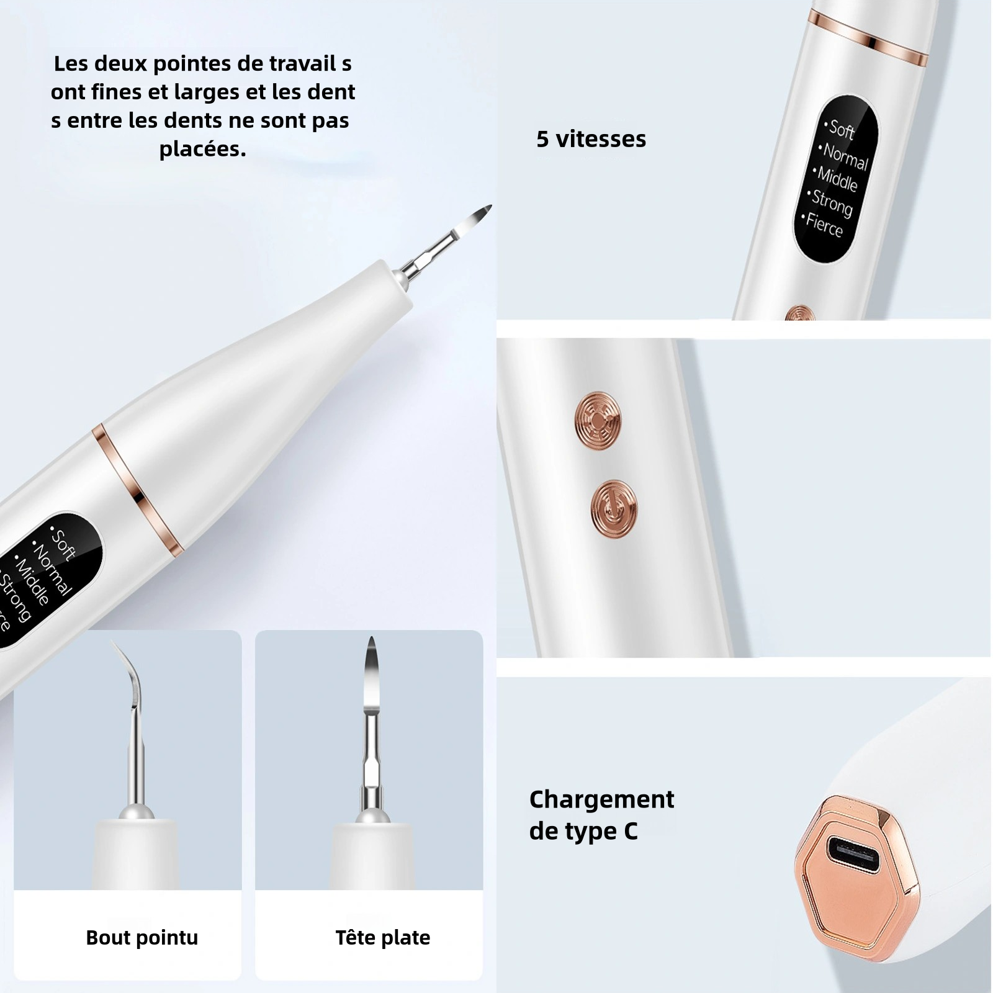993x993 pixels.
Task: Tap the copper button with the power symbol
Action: (x=613, y=508)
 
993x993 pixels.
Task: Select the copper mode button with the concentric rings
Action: (x=597, y=420)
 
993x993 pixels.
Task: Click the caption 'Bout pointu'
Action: (x=142, y=937)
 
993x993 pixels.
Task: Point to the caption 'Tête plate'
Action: (x=383, y=937)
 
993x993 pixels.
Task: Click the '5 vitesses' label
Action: (x=591, y=139)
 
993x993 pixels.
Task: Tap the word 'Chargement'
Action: (x=601, y=799)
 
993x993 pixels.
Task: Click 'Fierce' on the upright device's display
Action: (x=823, y=225)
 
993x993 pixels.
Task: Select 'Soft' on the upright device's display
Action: (x=840, y=128)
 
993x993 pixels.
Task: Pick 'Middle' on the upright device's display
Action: (x=836, y=178)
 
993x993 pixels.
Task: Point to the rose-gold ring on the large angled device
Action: (x=138, y=490)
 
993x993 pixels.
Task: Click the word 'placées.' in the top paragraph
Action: (x=202, y=149)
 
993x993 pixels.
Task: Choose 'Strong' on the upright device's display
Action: (x=830, y=202)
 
